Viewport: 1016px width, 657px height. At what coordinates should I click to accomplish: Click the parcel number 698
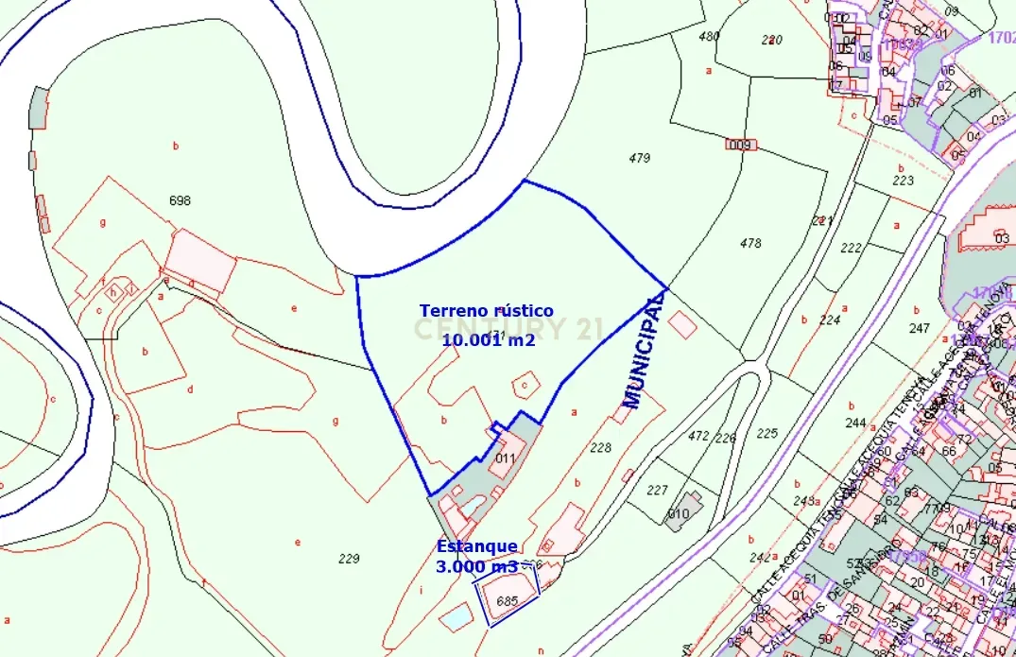coord(180,200)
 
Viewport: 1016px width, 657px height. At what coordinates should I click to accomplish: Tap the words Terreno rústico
coord(486,310)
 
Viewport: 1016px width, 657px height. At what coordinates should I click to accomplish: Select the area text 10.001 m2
coord(488,339)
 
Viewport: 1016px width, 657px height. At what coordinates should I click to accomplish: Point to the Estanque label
coord(476,546)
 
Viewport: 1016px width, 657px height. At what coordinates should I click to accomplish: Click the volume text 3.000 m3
coord(476,566)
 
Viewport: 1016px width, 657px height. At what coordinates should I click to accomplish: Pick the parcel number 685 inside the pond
coord(508,600)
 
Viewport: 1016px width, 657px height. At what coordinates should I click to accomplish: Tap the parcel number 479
coord(640,158)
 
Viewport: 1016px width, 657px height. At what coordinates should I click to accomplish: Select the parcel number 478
coord(750,243)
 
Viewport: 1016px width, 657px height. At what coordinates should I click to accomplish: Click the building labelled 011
coord(506,458)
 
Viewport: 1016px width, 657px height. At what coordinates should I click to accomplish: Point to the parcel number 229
coord(349,559)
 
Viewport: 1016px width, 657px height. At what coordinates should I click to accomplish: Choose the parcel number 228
coord(600,448)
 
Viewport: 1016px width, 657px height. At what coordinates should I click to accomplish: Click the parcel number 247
coord(919,328)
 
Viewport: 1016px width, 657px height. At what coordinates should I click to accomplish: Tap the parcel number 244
coord(855,422)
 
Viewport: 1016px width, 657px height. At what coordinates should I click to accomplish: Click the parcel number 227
coord(658,490)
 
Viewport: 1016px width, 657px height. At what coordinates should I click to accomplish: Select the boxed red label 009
coord(739,145)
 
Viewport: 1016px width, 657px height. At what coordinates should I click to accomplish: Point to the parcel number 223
coord(903,180)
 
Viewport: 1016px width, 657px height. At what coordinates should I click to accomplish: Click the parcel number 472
coord(698,436)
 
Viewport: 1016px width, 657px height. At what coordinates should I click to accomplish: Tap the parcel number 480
coord(709,37)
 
